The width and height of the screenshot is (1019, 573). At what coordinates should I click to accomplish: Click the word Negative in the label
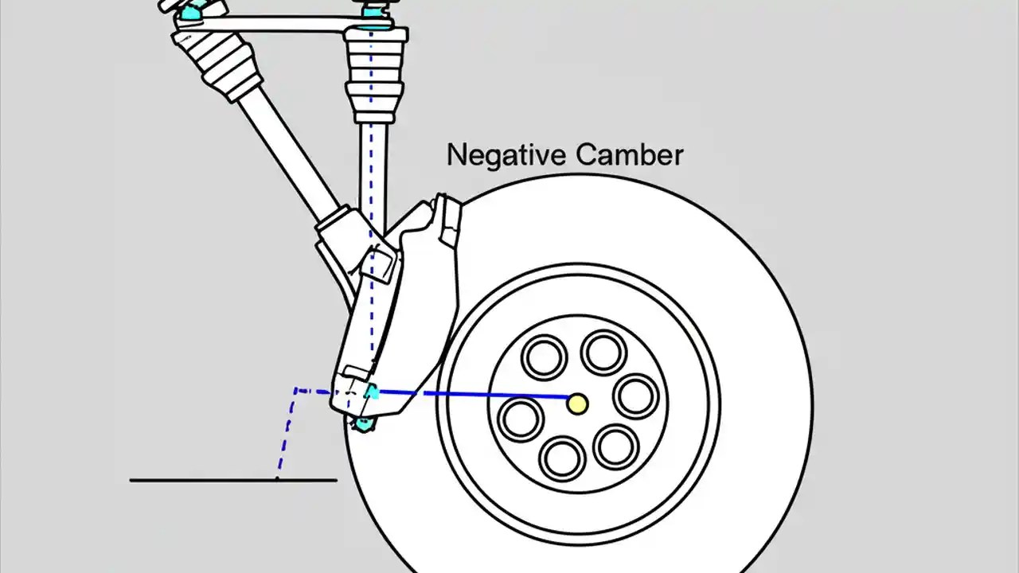point(506,154)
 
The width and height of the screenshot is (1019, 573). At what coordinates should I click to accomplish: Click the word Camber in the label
point(630,154)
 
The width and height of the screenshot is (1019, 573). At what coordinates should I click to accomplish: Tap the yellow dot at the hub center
point(578,403)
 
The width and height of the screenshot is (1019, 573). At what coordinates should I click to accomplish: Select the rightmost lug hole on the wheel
point(636,396)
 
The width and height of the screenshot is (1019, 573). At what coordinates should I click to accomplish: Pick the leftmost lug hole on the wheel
point(521,418)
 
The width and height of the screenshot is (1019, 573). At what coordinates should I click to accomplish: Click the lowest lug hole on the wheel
point(562,458)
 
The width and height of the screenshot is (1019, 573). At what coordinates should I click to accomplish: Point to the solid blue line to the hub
point(478,393)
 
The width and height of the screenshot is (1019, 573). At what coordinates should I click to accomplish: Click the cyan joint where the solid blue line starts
point(372,392)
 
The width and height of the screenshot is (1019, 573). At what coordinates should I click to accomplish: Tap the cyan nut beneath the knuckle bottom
point(363,423)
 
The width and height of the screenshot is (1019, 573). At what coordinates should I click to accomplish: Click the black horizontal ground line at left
point(199,480)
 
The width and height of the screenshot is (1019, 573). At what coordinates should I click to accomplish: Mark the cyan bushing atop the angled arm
point(190,11)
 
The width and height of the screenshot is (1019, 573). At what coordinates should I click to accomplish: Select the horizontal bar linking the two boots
point(279,25)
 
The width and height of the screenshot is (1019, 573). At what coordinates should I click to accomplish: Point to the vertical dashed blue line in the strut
point(371,239)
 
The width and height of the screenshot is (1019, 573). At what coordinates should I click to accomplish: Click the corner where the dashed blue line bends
point(296,391)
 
